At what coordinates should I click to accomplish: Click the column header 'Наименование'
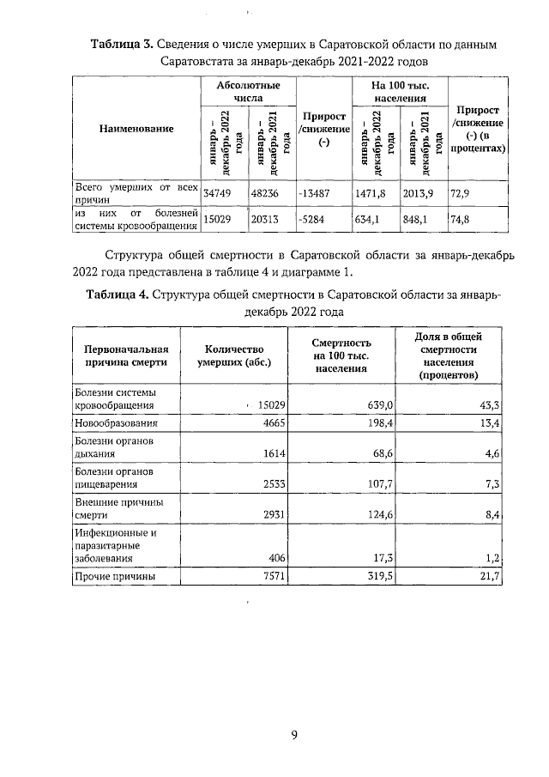click(135, 129)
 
